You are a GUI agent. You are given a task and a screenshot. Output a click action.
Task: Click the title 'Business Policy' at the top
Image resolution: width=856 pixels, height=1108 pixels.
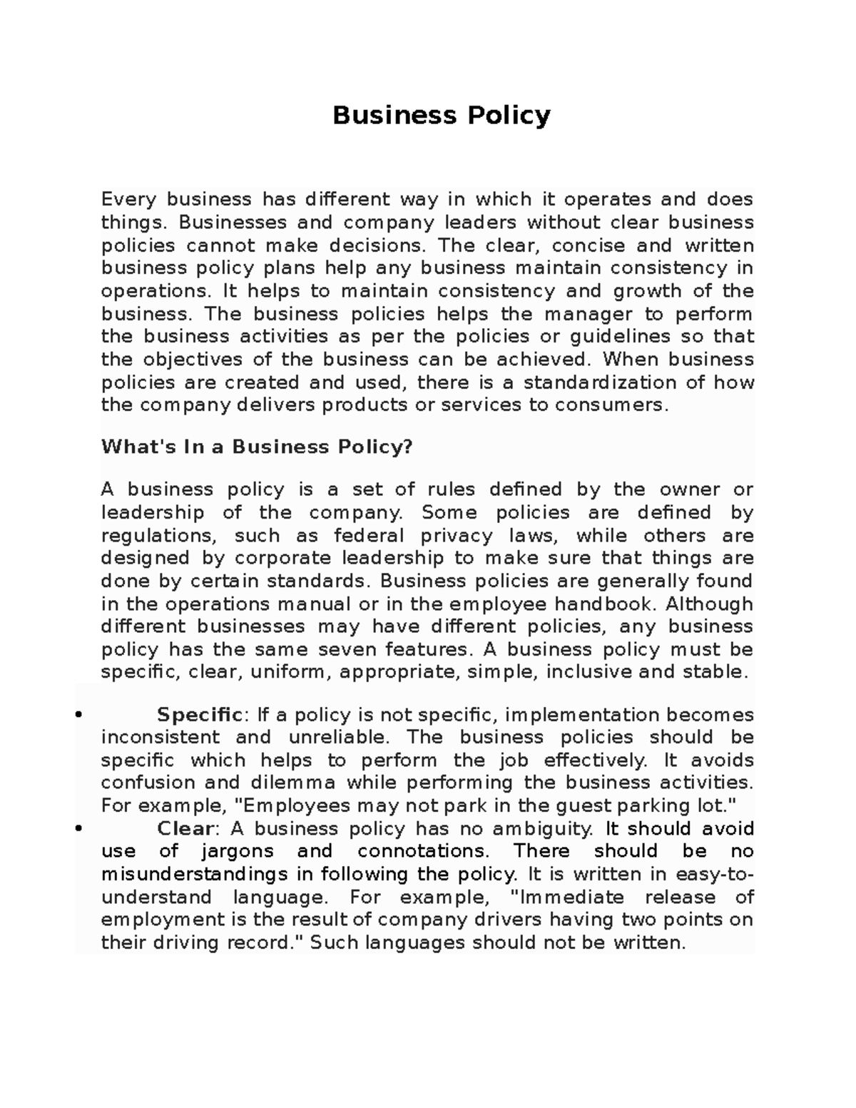pyautogui.click(x=442, y=116)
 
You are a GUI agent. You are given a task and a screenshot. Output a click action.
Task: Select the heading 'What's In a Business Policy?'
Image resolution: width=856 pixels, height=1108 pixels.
pyautogui.click(x=257, y=447)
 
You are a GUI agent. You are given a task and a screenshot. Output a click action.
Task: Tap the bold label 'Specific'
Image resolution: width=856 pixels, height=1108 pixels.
pyautogui.click(x=200, y=715)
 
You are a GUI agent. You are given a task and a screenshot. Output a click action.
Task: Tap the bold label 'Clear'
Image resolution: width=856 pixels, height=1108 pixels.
pyautogui.click(x=185, y=829)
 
